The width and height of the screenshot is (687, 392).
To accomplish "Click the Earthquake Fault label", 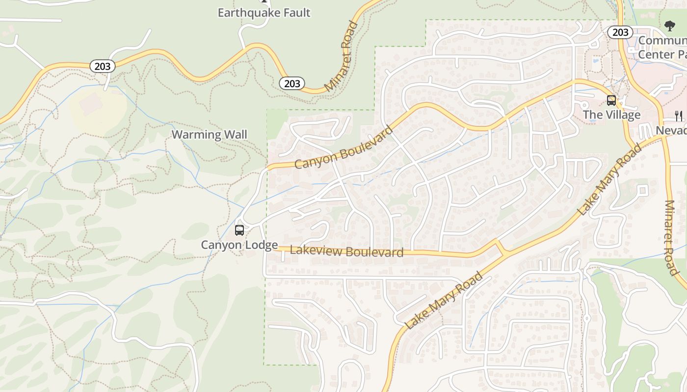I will pyautogui.click(x=264, y=13).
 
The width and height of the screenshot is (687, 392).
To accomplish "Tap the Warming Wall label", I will pyautogui.click(x=209, y=135).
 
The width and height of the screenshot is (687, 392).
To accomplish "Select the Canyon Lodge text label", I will pyautogui.click(x=239, y=245).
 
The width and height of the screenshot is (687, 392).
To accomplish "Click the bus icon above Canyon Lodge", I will pyautogui.click(x=239, y=230).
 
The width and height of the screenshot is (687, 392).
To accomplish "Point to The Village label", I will pyautogui.click(x=611, y=115).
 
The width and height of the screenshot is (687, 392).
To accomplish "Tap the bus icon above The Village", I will pyautogui.click(x=611, y=100).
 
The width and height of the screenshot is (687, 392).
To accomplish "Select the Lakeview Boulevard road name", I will pyautogui.click(x=346, y=251).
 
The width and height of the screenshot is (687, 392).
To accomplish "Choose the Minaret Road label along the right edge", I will pyautogui.click(x=670, y=238).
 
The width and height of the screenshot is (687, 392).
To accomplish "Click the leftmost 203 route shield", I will pyautogui.click(x=102, y=66).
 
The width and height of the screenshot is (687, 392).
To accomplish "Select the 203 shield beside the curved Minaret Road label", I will pyautogui.click(x=292, y=83).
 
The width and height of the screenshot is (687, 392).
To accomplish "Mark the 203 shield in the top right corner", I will pyautogui.click(x=620, y=32).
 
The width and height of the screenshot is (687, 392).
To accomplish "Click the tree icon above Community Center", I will pyautogui.click(x=669, y=26).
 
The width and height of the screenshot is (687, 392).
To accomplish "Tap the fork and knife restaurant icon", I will pyautogui.click(x=679, y=116).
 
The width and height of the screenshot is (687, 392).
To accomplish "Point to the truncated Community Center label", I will pyautogui.click(x=662, y=48).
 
